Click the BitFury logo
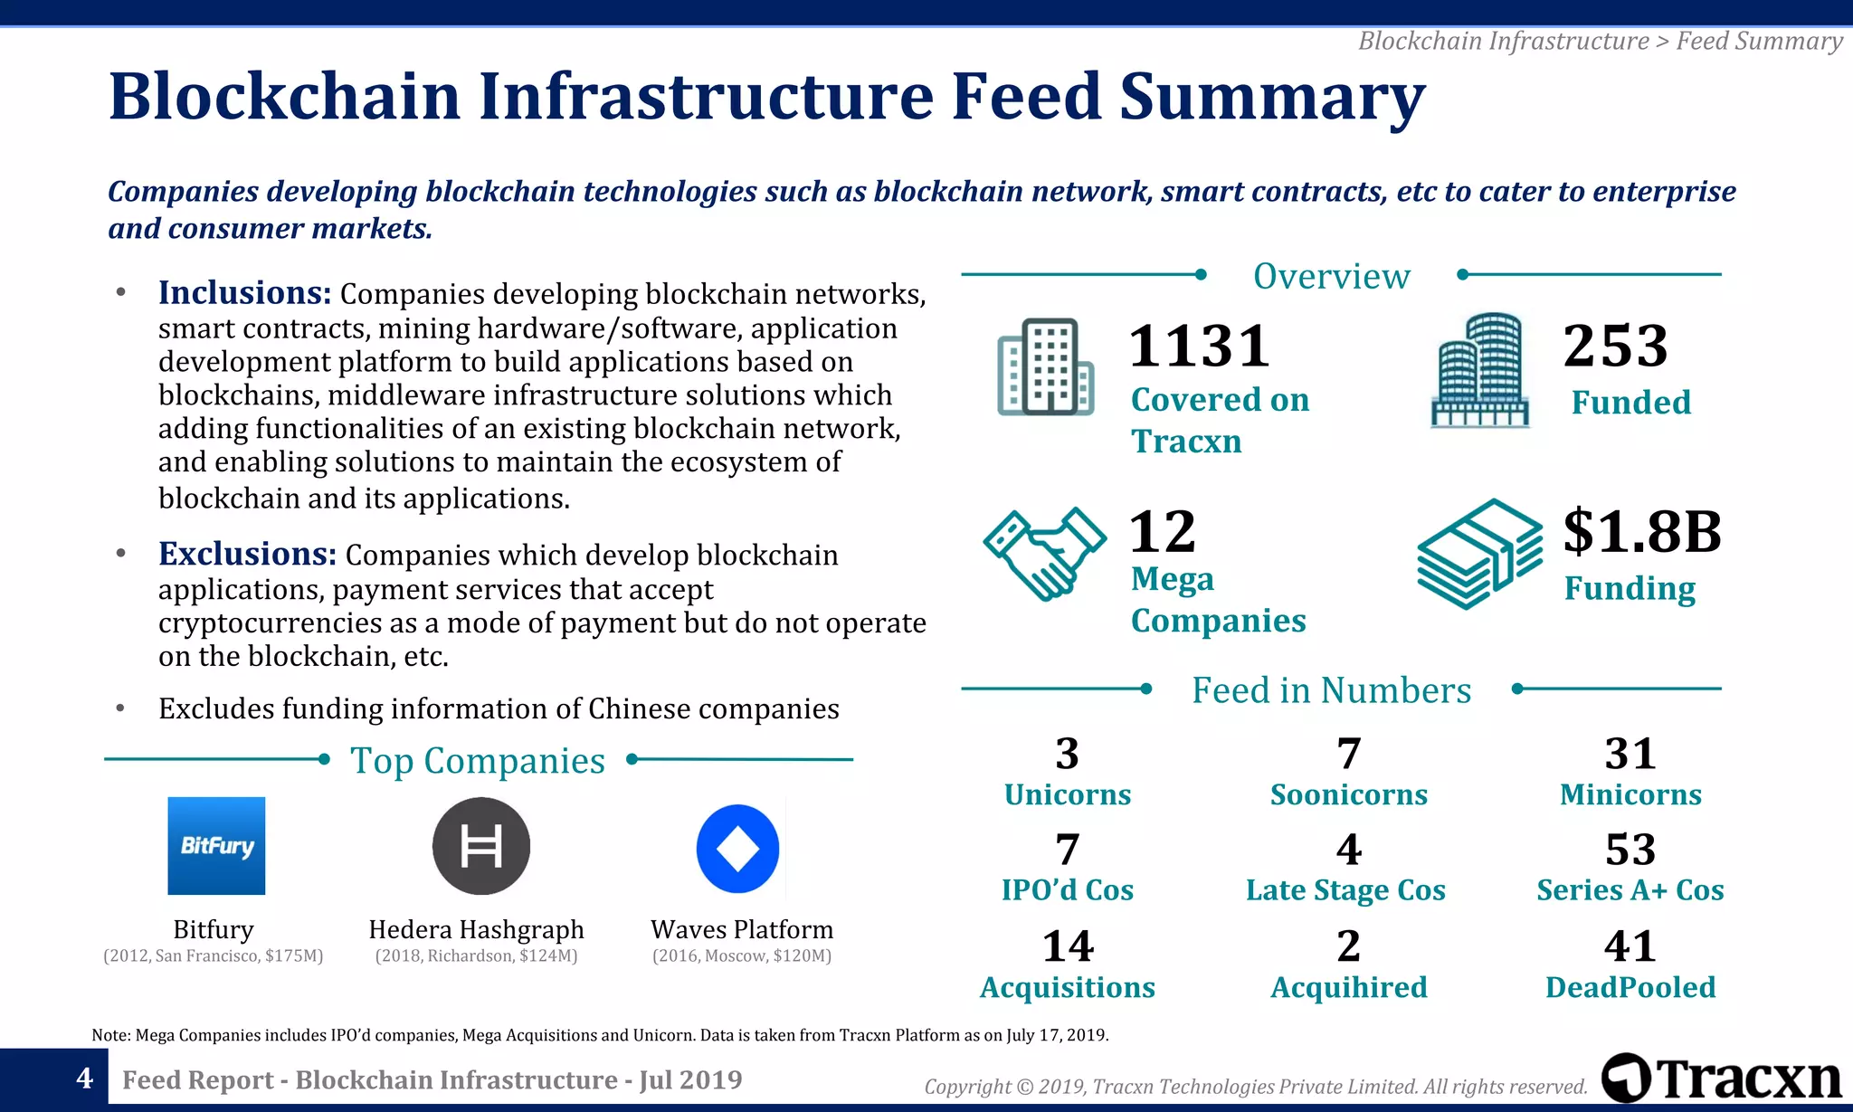(x=216, y=845)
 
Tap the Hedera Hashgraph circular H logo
(x=480, y=846)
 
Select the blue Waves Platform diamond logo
(x=737, y=849)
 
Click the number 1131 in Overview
(x=1199, y=347)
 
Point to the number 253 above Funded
(x=1615, y=346)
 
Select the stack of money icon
(x=1478, y=554)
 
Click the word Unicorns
(x=1068, y=794)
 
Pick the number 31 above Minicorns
(x=1630, y=753)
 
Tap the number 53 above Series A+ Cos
(x=1630, y=849)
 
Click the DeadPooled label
(x=1630, y=987)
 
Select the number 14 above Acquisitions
(x=1068, y=946)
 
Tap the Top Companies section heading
(x=478, y=761)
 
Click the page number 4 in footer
(x=84, y=1078)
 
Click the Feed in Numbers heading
(x=1331, y=690)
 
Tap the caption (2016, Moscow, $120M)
(x=742, y=956)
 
